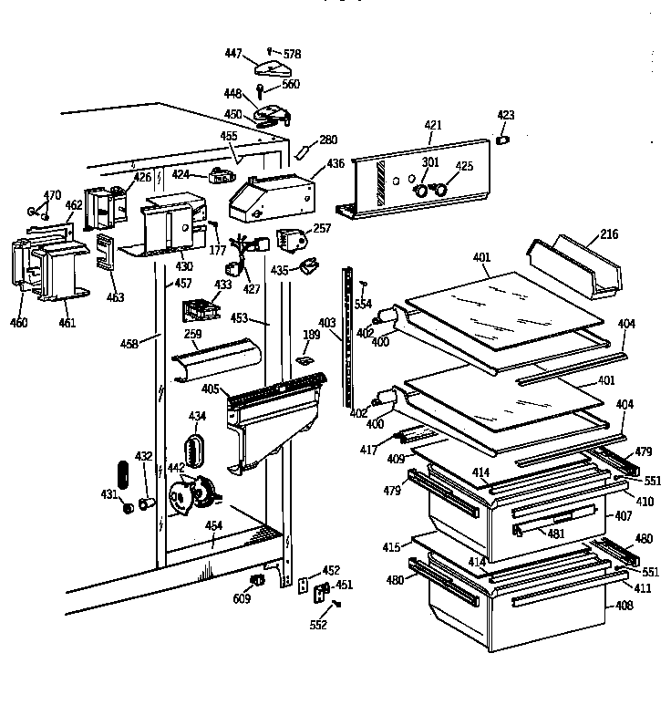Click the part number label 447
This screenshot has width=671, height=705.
tap(233, 54)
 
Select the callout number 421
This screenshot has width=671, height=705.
tap(432, 125)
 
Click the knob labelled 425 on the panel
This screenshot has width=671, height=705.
tap(439, 191)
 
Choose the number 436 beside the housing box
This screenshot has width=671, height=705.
tap(336, 163)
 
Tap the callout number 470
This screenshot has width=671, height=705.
tap(53, 194)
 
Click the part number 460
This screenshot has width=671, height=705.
tap(18, 322)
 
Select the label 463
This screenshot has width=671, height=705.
tap(114, 297)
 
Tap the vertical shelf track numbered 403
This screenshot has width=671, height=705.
tap(347, 337)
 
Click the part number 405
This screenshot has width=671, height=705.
tap(210, 389)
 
